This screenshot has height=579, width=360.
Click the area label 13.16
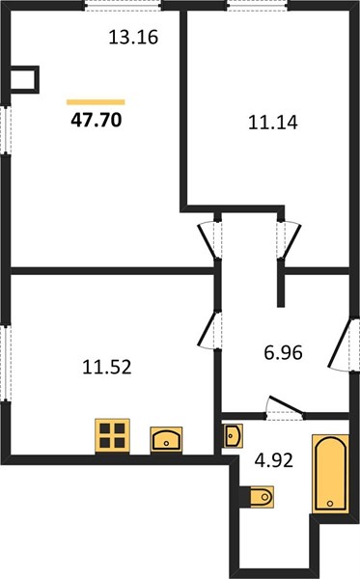coord(133,38)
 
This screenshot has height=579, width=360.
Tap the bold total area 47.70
coord(96,120)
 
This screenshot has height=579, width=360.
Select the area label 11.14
coord(273,123)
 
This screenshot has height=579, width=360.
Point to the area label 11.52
coord(107,368)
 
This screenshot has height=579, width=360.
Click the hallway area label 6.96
coord(283,352)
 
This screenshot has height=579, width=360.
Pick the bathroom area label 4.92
coord(274,460)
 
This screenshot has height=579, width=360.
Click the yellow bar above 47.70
coord(96,102)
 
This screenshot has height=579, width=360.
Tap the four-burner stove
coord(112,435)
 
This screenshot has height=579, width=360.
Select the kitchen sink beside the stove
coord(166,439)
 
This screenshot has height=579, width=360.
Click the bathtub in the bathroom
coord(330,474)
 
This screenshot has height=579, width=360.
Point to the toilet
coord(260,497)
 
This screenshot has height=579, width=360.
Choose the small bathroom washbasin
coord(233,436)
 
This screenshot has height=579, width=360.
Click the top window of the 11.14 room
coord(257,6)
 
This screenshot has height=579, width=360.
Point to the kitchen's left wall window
coord(6,364)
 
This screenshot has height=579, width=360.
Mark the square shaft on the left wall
coord(24,79)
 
